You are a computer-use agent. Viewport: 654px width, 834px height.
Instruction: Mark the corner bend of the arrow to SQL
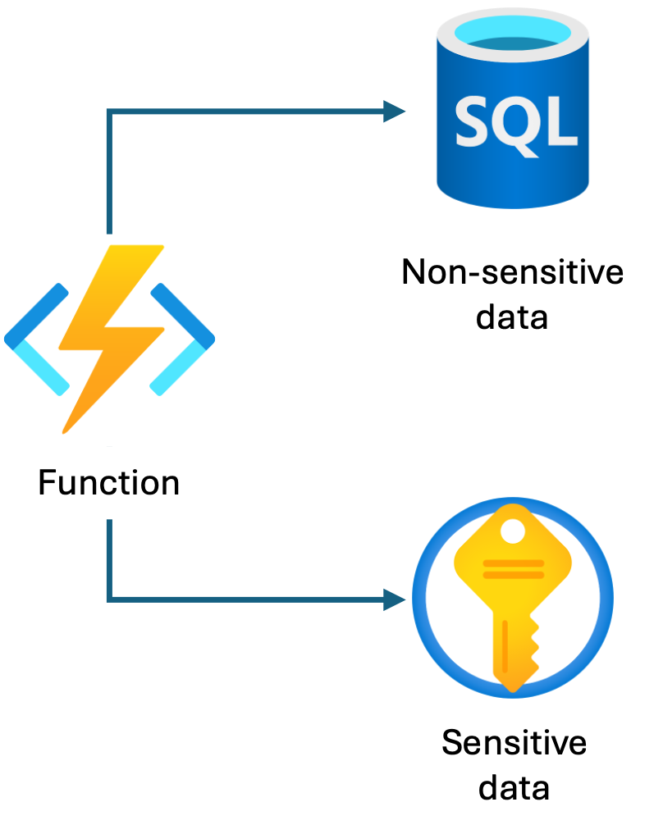click(109, 113)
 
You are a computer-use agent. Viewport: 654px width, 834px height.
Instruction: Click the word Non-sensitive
click(512, 272)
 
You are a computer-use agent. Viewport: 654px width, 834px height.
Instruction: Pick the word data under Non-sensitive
click(512, 316)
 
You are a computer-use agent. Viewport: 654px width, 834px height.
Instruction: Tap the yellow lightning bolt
click(111, 336)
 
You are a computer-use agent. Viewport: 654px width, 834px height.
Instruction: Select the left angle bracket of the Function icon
click(37, 337)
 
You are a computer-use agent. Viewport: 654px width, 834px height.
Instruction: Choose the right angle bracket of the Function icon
click(182, 337)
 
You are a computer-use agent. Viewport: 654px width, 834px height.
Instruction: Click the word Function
click(109, 482)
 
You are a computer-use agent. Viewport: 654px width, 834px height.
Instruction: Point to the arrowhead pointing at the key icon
click(396, 599)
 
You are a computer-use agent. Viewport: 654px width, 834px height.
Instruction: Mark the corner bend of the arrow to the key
click(109, 599)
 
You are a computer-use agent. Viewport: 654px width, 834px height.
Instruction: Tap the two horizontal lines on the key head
click(512, 568)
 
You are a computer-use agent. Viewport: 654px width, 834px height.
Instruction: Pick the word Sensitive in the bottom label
click(514, 743)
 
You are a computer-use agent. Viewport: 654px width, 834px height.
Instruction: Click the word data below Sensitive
click(514, 787)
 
